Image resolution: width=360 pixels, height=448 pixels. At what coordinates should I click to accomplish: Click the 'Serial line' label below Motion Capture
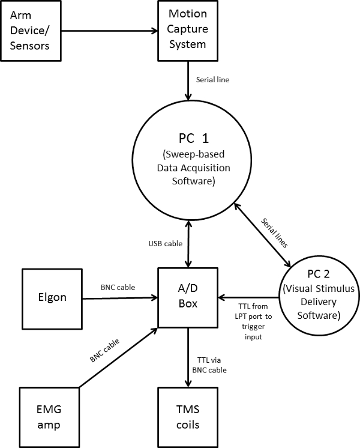point(212,80)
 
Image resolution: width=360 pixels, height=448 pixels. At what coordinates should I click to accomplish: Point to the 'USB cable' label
point(165,243)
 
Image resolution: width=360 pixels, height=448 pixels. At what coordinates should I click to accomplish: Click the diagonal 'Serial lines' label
point(275,233)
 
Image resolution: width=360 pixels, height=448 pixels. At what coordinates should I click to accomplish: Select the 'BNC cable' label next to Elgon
point(118,287)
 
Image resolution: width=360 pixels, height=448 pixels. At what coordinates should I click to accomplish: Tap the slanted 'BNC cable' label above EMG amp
point(104,351)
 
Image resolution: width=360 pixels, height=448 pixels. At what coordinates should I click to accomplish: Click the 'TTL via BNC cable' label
point(209,365)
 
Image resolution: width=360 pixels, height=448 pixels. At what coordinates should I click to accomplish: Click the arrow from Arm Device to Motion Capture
point(110,31)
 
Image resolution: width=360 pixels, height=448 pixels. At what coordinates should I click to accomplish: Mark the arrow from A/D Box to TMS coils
point(188,357)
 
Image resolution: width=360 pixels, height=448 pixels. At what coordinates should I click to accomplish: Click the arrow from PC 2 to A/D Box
point(248,297)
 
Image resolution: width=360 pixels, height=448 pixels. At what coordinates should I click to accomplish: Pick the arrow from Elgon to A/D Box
point(120,298)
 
